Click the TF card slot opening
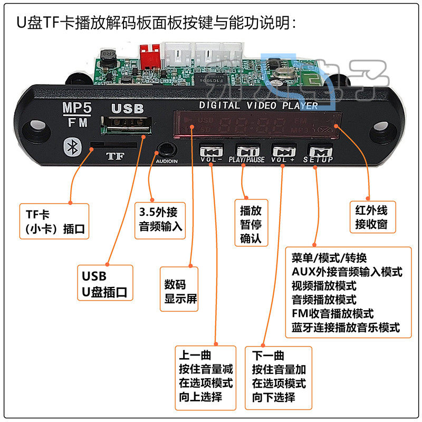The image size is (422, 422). (x=113, y=144)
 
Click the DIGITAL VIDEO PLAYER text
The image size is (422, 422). (x=258, y=105)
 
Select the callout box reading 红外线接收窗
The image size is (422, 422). (x=371, y=216)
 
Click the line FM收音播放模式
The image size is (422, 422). (x=332, y=313)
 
